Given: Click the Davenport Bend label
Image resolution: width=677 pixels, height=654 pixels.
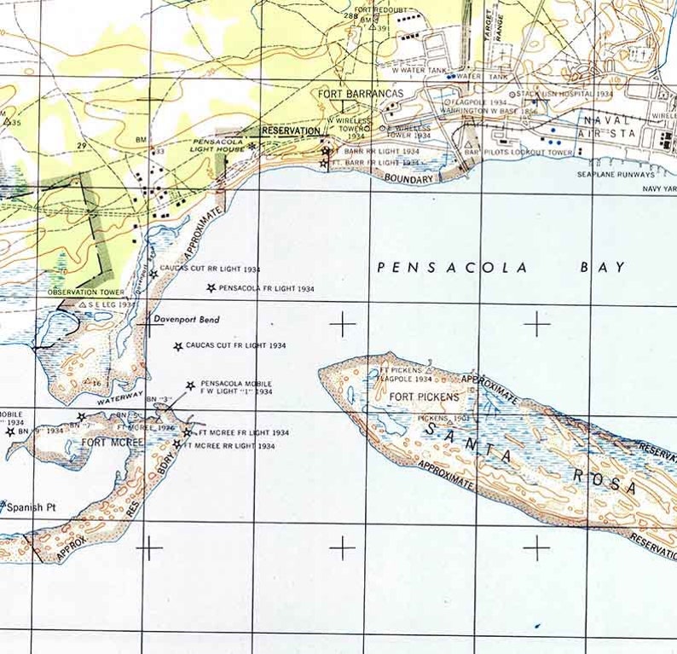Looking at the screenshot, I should (x=187, y=320).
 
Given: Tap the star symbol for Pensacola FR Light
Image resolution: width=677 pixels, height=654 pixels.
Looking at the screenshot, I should (x=211, y=288).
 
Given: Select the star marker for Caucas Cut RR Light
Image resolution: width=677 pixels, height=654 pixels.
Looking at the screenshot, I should (x=153, y=273).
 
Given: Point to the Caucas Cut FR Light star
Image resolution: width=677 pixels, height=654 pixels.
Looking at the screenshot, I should (x=178, y=346).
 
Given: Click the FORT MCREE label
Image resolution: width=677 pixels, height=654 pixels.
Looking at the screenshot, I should (x=107, y=443).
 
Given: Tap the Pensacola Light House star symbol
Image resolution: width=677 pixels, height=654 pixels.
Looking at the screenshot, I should (x=252, y=147).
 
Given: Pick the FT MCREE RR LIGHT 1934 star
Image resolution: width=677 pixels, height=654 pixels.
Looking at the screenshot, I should (x=176, y=445).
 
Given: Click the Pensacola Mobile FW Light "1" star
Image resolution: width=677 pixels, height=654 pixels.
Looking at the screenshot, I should (x=190, y=385).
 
